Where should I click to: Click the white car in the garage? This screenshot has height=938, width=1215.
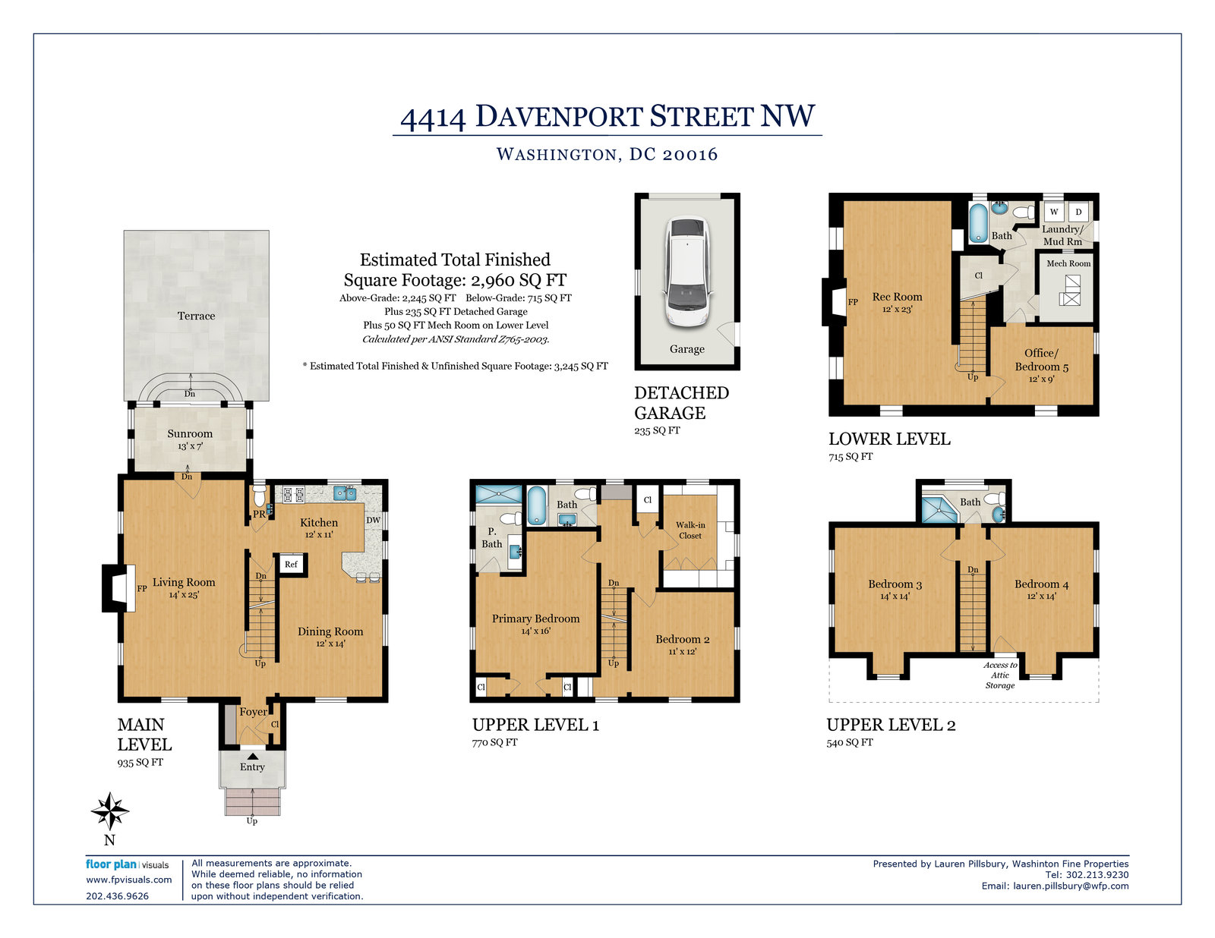(x=687, y=271)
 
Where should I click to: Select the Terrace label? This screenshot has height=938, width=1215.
(x=196, y=316)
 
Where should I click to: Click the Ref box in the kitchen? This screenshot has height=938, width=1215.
(x=291, y=565)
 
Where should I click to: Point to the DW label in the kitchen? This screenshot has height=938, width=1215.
(x=373, y=520)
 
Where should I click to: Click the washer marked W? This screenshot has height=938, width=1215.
(x=1054, y=212)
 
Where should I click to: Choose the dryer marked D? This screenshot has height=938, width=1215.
(x=1078, y=212)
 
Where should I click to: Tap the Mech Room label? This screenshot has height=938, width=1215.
(x=1068, y=263)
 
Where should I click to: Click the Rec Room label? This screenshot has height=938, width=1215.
(x=897, y=297)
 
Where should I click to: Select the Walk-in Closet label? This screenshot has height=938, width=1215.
(x=690, y=530)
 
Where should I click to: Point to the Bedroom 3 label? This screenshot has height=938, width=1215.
(x=895, y=584)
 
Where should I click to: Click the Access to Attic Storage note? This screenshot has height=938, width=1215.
(x=1000, y=675)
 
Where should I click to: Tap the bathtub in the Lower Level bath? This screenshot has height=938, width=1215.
(x=978, y=223)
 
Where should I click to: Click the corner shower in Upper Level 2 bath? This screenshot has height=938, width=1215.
(x=939, y=509)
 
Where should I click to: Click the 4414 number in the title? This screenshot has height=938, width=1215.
(x=433, y=118)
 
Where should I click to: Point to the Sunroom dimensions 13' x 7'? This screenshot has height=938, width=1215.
(x=190, y=446)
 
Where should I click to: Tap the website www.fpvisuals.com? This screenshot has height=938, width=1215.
(x=128, y=880)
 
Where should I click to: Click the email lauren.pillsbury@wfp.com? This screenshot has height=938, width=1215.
(x=1070, y=886)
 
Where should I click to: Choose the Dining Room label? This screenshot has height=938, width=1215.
(x=330, y=631)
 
